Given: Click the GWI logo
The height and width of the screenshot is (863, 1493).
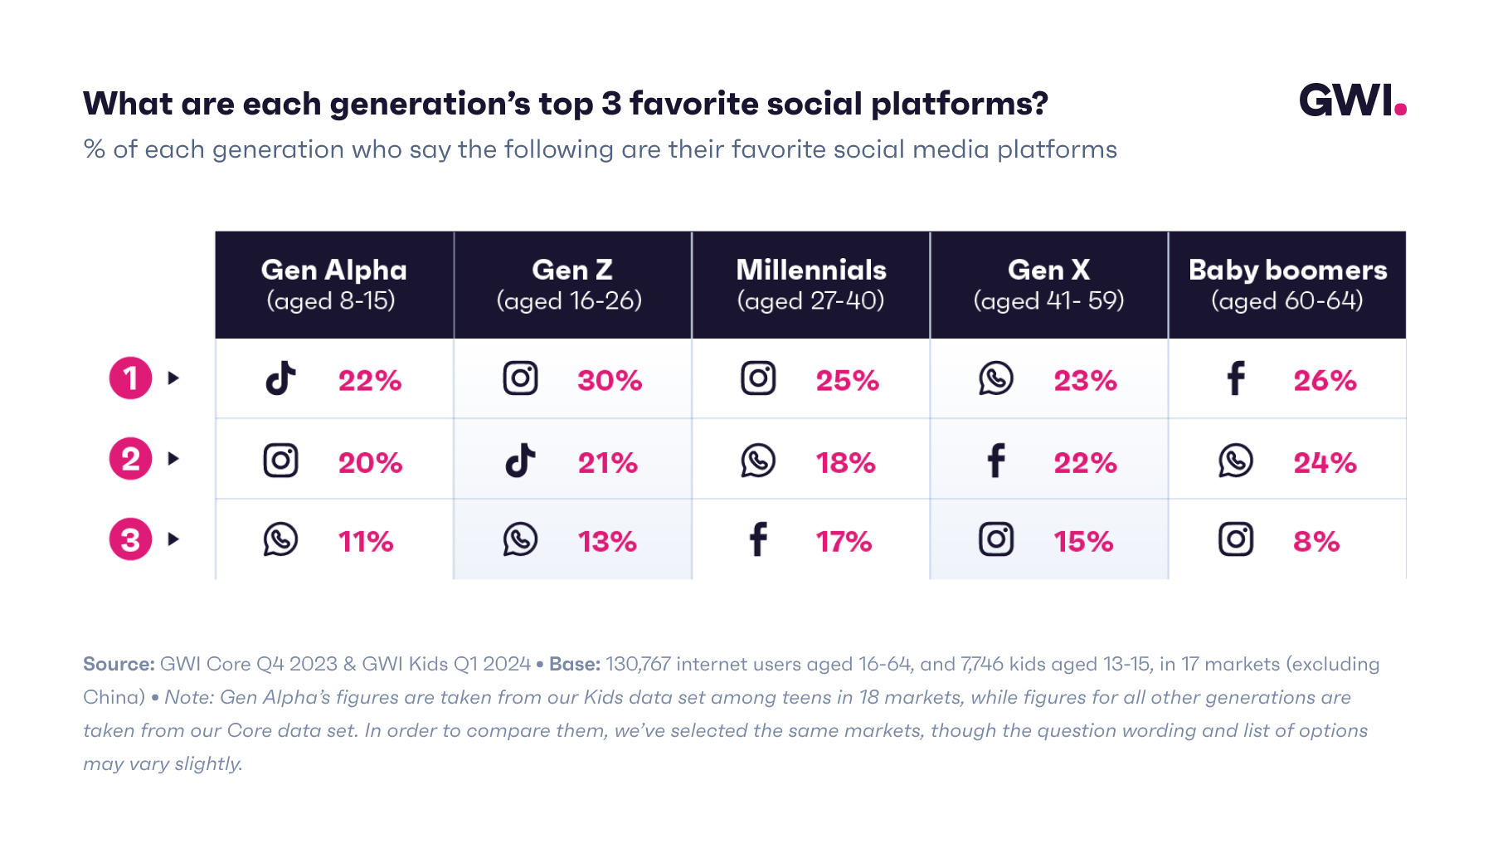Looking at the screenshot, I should click(1351, 100).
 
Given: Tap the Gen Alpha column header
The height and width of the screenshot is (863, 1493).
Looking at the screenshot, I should click(333, 284).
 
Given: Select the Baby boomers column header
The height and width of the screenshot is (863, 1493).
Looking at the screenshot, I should click(1287, 284).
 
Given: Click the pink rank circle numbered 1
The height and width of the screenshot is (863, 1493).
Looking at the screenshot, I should click(130, 378).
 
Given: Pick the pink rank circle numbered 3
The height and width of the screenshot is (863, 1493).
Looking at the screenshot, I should click(130, 539).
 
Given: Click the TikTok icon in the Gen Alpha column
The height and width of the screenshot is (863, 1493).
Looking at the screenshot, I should click(280, 378).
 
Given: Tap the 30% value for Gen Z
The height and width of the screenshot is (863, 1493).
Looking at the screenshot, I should click(610, 380).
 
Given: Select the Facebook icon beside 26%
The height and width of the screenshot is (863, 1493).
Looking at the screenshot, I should click(1235, 378).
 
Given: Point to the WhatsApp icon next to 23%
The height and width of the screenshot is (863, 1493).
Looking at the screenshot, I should click(995, 378).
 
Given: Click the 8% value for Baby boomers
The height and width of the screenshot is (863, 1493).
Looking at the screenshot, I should click(1316, 542).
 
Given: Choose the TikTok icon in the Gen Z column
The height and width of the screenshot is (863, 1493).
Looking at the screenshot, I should click(520, 460).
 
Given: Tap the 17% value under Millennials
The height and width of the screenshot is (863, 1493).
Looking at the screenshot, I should click(844, 542).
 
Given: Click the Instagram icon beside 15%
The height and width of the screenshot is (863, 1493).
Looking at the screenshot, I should click(995, 539).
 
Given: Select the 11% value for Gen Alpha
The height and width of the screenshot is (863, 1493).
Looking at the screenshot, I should click(365, 542).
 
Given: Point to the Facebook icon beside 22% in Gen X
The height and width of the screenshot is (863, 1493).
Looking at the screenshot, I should click(995, 461).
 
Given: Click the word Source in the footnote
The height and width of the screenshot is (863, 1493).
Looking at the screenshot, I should click(118, 664).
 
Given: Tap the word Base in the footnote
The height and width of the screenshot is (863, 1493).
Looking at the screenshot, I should click(573, 664).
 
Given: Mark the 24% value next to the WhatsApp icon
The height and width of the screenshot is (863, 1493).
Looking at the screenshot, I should click(1325, 462).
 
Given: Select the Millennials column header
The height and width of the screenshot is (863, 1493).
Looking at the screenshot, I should click(810, 284).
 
